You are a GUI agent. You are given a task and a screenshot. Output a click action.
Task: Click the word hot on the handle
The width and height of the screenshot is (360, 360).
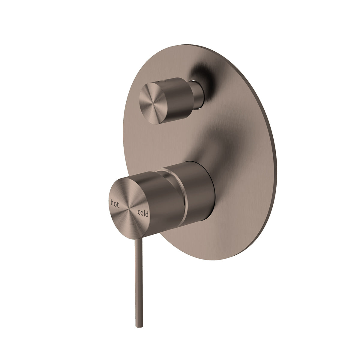point(115,204)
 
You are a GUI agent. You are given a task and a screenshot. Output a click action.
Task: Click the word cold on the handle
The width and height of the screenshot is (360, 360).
point(143,213)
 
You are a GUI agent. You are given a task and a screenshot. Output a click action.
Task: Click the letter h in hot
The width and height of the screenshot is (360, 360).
point(112,203)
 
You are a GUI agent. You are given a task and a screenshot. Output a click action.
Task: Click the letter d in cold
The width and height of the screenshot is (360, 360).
point(147,213)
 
